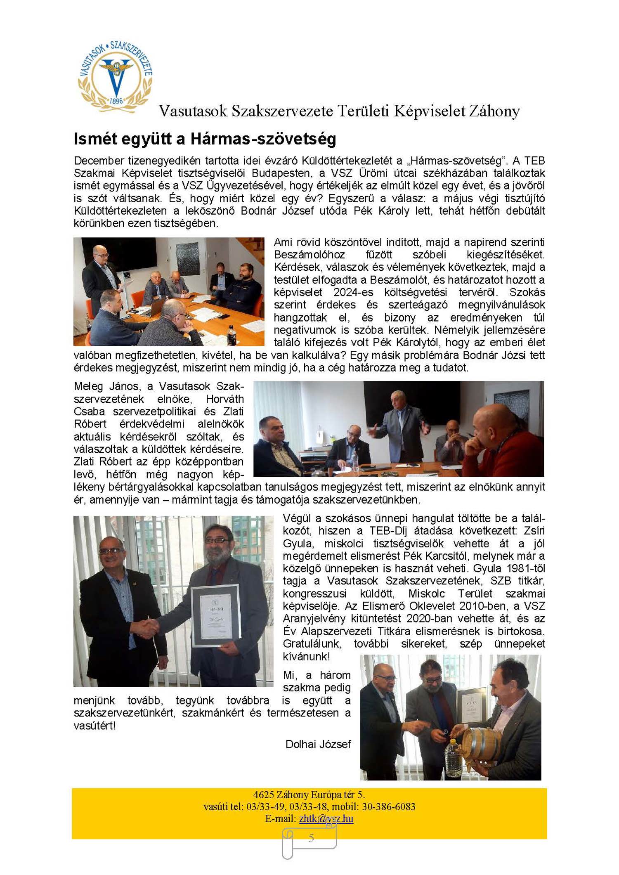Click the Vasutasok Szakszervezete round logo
(x=115, y=76)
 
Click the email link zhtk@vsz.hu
(x=326, y=818)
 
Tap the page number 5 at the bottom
(x=311, y=837)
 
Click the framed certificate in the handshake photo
(x=216, y=615)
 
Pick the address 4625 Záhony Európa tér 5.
(x=309, y=795)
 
